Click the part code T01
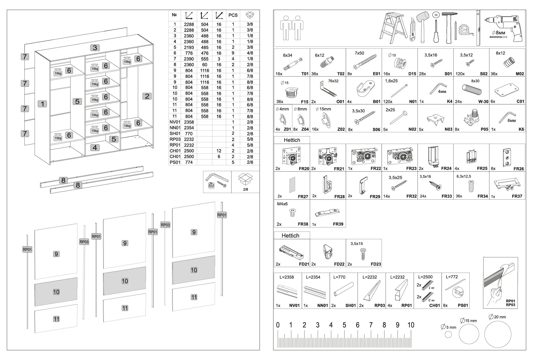click(305, 74)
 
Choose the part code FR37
click(517, 196)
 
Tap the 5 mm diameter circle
click(448, 334)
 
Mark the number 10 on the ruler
click(411, 325)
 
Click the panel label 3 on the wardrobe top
click(95, 48)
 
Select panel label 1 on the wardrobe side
click(42, 104)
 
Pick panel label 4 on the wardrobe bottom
click(95, 148)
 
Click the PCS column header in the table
click(233, 15)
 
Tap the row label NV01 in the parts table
click(175, 122)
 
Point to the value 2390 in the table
click(189, 59)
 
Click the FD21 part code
click(304, 264)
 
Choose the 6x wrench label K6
click(521, 129)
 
